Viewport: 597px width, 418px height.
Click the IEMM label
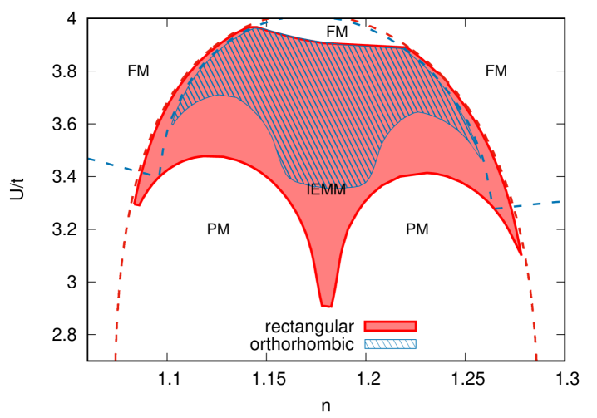pyautogui.click(x=326, y=189)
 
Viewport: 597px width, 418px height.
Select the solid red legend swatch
pyautogui.click(x=389, y=326)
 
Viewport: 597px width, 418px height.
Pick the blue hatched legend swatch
pyautogui.click(x=389, y=344)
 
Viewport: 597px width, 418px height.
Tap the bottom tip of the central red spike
pyautogui.click(x=327, y=307)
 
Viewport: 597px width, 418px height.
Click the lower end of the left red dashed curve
pyautogui.click(x=116, y=359)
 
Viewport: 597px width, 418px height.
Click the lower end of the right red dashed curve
pyautogui.click(x=536, y=359)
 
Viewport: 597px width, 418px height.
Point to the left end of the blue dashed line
pyautogui.click(x=90, y=158)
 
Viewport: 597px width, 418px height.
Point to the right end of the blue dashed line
pyautogui.click(x=560, y=201)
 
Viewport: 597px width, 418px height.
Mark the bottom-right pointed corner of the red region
pyautogui.click(x=521, y=253)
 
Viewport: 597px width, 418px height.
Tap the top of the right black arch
pyautogui.click(x=427, y=174)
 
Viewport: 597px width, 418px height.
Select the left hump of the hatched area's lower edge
pyautogui.click(x=220, y=96)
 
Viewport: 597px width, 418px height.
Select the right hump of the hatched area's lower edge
pyautogui.click(x=420, y=113)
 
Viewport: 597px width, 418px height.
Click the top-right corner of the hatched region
pyautogui.click(x=407, y=47)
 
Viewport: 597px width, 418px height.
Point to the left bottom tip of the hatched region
pyautogui.click(x=172, y=123)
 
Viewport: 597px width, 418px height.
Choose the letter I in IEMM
pyautogui.click(x=308, y=189)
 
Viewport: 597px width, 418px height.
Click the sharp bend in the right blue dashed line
pyautogui.click(x=493, y=207)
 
